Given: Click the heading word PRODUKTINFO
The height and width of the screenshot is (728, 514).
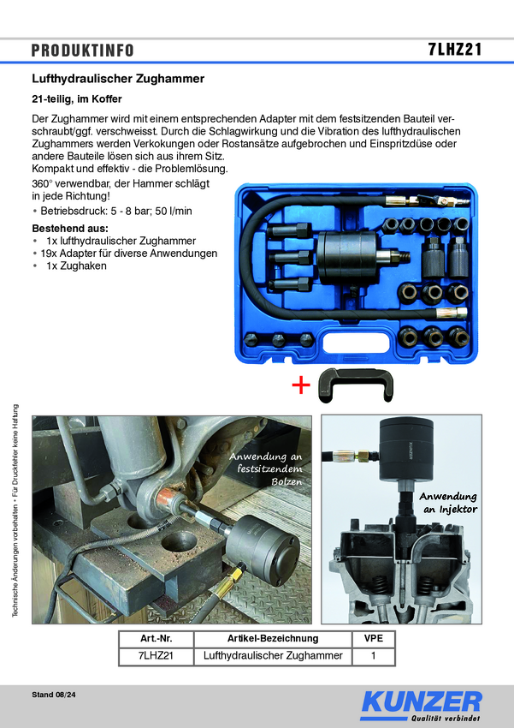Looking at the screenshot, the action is [82, 51].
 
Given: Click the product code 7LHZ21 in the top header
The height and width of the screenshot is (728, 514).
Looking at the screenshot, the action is [455, 49].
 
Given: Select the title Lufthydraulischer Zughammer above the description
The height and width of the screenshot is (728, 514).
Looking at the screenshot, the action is [118, 79].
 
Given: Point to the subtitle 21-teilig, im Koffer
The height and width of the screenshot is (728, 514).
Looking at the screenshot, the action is [77, 99].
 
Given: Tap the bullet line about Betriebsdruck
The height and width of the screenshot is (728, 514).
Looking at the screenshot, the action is [112, 212].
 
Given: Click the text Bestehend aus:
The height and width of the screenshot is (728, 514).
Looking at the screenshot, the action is [70, 229].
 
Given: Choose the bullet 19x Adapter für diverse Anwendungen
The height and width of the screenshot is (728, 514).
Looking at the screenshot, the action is [125, 254].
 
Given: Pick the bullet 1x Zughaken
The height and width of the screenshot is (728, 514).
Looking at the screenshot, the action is [69, 266].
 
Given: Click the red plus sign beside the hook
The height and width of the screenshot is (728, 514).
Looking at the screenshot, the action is [301, 385].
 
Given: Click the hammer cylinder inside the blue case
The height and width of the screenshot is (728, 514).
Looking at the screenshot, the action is [346, 258].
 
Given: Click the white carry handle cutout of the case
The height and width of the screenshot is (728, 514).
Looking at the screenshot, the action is [356, 343].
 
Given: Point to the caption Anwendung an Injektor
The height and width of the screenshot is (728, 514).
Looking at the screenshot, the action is [448, 503].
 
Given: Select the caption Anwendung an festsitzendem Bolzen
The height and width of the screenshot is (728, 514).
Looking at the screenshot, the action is [266, 469].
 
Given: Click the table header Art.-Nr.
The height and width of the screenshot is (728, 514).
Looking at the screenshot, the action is [156, 638].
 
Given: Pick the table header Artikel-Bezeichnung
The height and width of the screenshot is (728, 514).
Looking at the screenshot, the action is [273, 638].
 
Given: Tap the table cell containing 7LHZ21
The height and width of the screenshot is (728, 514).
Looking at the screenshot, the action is [156, 655].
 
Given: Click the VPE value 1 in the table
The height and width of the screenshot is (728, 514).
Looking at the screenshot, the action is [374, 655].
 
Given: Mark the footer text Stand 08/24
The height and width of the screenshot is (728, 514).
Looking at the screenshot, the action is [54, 695].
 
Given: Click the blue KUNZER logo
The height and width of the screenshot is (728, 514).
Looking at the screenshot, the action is [421, 705].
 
